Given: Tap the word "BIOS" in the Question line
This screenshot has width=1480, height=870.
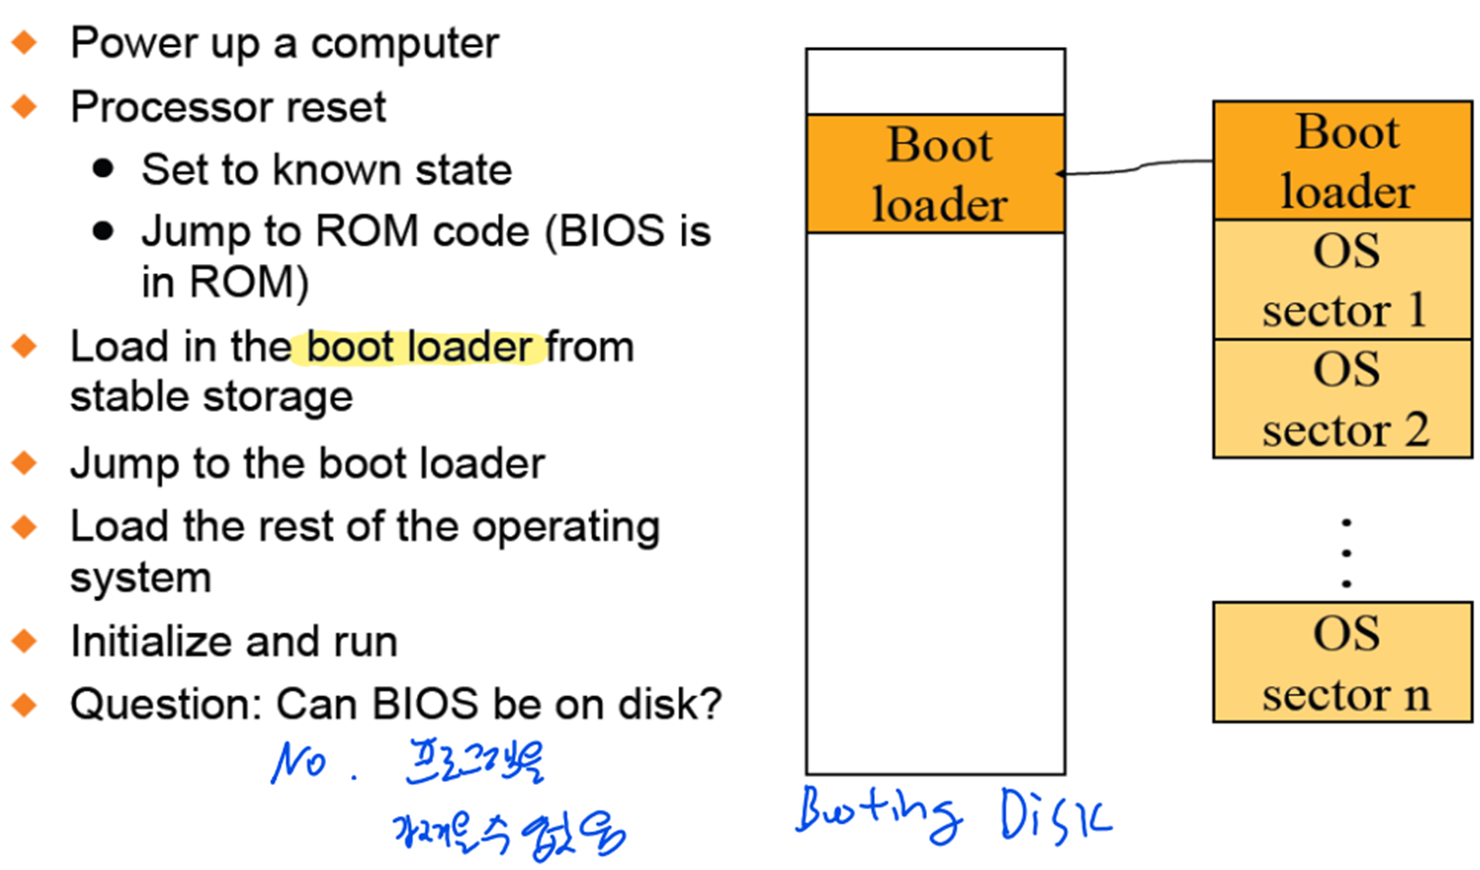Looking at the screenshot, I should [426, 705].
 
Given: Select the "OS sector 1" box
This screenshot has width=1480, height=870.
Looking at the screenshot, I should [1343, 280].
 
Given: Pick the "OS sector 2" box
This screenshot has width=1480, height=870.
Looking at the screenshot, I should [1343, 399].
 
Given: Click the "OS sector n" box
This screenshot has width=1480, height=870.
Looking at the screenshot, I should [1343, 663].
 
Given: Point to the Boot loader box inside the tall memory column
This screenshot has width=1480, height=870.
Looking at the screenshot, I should [936, 174].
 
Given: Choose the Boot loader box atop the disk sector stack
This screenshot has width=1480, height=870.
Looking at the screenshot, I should [1343, 160].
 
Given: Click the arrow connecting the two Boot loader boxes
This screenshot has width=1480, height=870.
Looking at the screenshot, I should [1135, 168].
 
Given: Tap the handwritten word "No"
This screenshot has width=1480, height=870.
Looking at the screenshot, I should [299, 760].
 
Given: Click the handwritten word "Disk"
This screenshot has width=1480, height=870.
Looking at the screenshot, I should [1055, 815].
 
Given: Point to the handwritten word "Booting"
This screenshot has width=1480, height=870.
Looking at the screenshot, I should [877, 812].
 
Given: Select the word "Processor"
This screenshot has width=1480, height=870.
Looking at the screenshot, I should [162, 107].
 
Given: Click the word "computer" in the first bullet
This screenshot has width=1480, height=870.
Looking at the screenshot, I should [404, 43].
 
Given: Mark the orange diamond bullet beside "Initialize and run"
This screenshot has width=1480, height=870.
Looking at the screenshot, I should [24, 642].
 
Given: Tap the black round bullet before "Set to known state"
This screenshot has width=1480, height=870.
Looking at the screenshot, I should [103, 169].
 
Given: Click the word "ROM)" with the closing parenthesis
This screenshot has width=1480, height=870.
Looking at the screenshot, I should [249, 283].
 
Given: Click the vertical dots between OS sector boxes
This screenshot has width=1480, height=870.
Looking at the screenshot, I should [1347, 553].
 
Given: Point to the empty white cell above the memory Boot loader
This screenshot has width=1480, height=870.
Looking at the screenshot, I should [936, 81].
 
